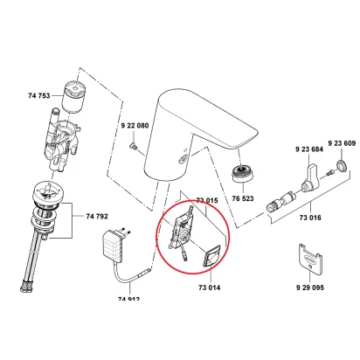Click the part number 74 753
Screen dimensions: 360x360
pyautogui.click(x=39, y=95)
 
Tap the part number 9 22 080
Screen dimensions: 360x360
pyautogui.click(x=135, y=126)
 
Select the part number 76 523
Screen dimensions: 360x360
pyautogui.click(x=243, y=198)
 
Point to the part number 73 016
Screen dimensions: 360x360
pyautogui.click(x=310, y=218)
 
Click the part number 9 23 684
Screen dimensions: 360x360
pyautogui.click(x=309, y=149)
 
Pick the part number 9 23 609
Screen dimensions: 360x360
pyautogui.click(x=342, y=143)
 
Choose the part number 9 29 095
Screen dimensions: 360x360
pyautogui.click(x=310, y=287)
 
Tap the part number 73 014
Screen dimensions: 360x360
pyautogui.click(x=209, y=287)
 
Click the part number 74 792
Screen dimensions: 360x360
pyautogui.click(x=97, y=216)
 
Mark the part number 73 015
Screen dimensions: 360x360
pyautogui.click(x=207, y=200)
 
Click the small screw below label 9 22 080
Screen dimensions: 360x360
pyautogui.click(x=134, y=146)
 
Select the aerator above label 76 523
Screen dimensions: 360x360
pyautogui.click(x=242, y=174)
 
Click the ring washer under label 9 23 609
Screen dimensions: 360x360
pyautogui.click(x=342, y=165)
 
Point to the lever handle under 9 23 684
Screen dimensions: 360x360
pyautogui.click(x=310, y=177)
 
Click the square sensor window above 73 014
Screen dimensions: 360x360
pyautogui.click(x=211, y=256)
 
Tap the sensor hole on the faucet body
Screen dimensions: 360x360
pyautogui.click(x=183, y=159)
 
